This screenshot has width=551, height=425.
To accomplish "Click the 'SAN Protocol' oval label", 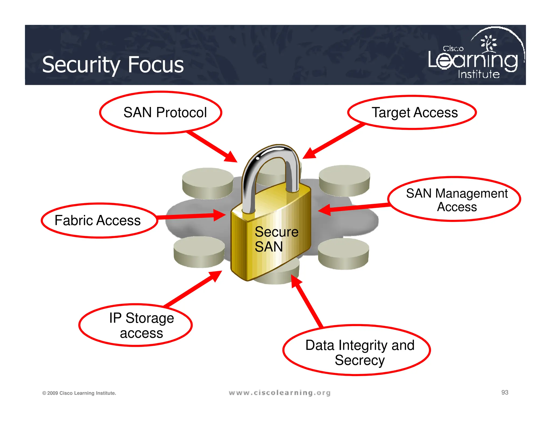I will (x=161, y=112).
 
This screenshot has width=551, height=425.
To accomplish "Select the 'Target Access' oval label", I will (x=412, y=112).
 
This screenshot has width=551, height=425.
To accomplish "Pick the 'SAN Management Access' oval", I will (x=454, y=199).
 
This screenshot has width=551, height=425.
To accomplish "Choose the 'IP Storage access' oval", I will (x=136, y=325).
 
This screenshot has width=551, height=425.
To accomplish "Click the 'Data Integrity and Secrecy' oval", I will (x=356, y=350).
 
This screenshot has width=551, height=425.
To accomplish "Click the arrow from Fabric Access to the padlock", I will (x=191, y=216).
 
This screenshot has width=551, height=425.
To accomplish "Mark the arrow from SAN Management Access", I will (x=355, y=207).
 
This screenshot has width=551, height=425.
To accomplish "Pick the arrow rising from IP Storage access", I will (x=194, y=289).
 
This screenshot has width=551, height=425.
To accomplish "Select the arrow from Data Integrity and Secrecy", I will (x=307, y=301).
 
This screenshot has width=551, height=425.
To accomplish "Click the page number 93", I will (x=505, y=392).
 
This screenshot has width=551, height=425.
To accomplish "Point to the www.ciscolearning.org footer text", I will (x=280, y=393).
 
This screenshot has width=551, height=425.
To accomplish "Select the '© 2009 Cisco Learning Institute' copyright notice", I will (x=79, y=393).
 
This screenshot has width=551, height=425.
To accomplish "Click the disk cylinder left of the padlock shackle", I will (x=207, y=183).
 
